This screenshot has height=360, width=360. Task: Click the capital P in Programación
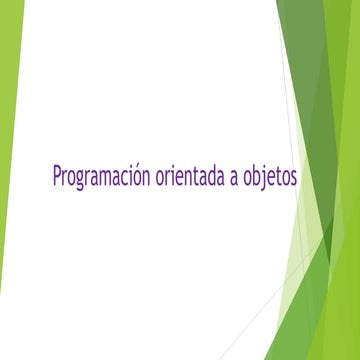click(x=57, y=176)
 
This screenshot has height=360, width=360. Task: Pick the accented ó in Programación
click(x=139, y=177)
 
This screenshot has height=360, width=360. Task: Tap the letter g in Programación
click(x=82, y=180)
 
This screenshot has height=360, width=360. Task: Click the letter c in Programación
click(x=125, y=178)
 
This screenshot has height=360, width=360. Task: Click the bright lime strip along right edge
click(x=350, y=200)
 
